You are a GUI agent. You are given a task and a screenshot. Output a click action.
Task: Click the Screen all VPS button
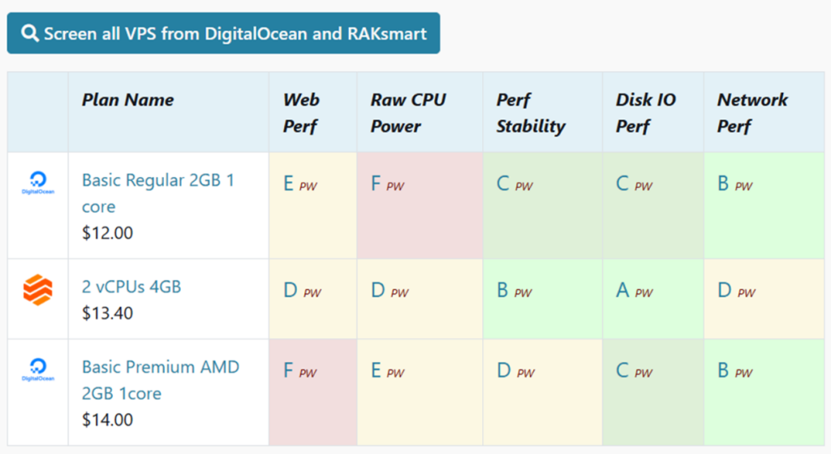click(x=223, y=33)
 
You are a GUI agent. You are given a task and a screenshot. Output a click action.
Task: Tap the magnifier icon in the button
click(x=30, y=33)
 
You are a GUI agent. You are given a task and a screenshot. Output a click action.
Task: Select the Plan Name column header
click(x=127, y=100)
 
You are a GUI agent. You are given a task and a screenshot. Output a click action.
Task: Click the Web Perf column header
click(x=301, y=113)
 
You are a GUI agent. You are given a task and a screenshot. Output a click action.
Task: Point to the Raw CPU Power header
click(x=407, y=113)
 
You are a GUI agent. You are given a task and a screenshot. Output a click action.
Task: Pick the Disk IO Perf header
click(x=645, y=113)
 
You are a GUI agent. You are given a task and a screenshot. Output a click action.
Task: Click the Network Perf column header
click(x=751, y=113)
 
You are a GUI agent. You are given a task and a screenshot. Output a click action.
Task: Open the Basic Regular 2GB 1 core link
click(x=157, y=193)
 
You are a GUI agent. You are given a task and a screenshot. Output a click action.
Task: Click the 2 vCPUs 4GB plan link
click(x=131, y=287)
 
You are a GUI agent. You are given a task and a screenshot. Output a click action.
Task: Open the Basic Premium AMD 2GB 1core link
click(x=161, y=379)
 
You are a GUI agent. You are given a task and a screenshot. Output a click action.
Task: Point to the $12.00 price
click(x=107, y=233)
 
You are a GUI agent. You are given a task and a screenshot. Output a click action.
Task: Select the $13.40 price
click(x=107, y=313)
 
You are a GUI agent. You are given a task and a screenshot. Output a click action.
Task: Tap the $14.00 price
click(x=107, y=420)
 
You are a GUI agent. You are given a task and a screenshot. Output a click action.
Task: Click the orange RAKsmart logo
click(x=37, y=290)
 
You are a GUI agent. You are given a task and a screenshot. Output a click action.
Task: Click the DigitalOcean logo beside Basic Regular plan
click(x=37, y=183)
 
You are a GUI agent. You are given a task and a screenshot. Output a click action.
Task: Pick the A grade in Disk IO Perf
click(x=622, y=290)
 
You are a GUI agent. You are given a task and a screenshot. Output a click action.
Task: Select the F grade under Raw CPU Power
click(x=376, y=184)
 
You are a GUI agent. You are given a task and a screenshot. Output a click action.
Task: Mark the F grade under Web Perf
click(x=288, y=370)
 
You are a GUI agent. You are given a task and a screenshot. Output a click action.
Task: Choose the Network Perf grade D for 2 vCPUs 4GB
click(x=725, y=290)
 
